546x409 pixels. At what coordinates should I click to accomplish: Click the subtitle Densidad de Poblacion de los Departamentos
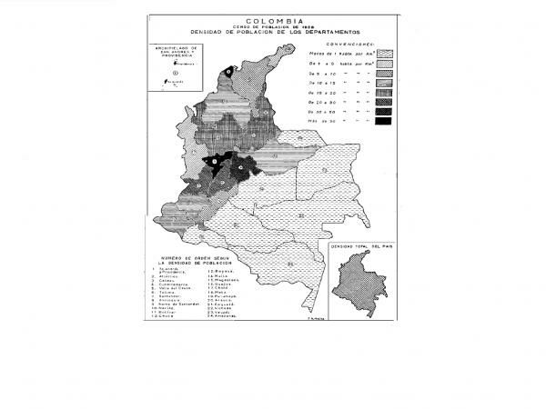tap(273, 33)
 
